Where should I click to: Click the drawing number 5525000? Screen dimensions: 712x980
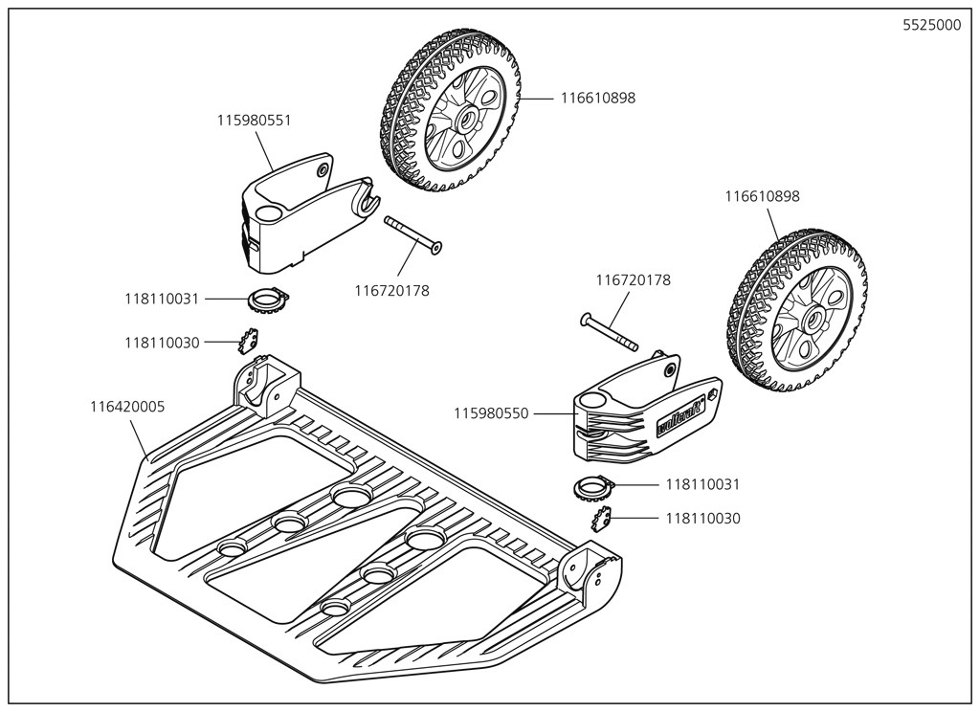pos(931,26)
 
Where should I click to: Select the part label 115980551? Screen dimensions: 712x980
pos(254,121)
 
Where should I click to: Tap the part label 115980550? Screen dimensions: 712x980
pos(491,413)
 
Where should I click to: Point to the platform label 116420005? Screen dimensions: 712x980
pos(127,407)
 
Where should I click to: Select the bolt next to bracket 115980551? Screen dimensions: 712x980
pos(413,235)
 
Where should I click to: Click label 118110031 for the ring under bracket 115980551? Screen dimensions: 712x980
pos(162,299)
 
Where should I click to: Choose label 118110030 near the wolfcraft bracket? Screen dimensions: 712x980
pos(702,518)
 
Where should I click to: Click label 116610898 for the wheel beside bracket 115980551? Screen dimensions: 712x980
pos(597,98)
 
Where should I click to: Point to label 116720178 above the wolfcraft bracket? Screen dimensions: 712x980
pos(633,280)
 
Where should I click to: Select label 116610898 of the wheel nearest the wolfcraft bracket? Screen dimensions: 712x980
pos(762,196)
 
